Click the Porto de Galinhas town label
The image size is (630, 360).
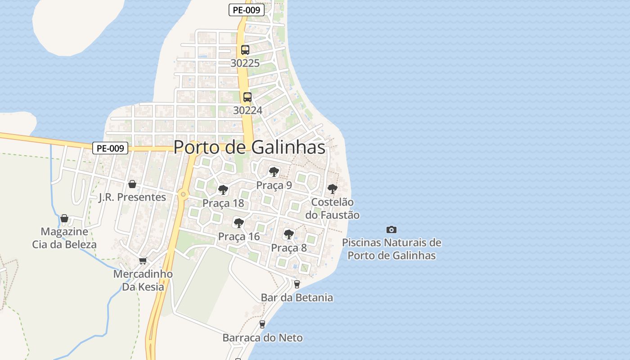pos(249,147)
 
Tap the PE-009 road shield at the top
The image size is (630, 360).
pos(246,10)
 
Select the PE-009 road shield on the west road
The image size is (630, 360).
pos(110,148)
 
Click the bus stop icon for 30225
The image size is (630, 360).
pos(245,50)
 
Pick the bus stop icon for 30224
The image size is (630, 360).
pos(247,97)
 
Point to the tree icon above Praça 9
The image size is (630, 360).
pos(274,171)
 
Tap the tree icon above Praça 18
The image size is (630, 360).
pos(223,189)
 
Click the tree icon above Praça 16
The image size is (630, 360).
pos(239,223)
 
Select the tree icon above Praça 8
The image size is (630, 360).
pos(288,234)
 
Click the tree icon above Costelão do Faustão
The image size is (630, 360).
pos(332,189)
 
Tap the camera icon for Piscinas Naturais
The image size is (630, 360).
pos(391,229)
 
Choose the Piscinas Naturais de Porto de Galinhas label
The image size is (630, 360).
pos(391,249)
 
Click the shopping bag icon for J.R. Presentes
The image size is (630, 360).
pos(132,184)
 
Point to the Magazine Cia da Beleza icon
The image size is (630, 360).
pos(64,218)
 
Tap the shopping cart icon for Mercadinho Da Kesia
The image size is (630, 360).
pos(143,261)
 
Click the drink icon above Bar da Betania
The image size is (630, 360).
pos(297,284)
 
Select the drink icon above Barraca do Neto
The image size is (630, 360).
pos(262,324)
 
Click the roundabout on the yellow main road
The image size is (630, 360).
pos(182,194)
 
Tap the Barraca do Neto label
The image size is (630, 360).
pos(262,337)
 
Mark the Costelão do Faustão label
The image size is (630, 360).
pos(332,208)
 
